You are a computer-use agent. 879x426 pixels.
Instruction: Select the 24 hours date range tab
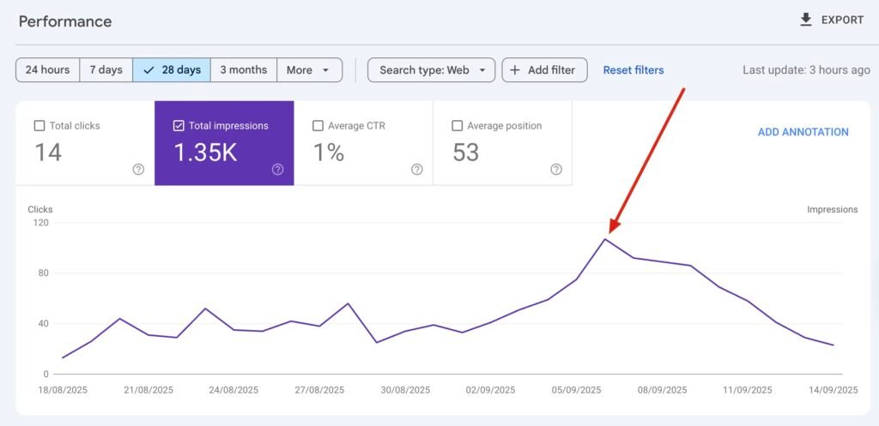[48, 70]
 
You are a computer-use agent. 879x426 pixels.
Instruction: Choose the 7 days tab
[106, 70]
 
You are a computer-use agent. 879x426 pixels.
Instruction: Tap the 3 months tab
[244, 70]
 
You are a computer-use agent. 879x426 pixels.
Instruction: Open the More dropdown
[309, 70]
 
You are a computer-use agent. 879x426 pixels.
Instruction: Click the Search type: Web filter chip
[432, 70]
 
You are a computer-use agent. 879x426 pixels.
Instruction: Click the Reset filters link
[633, 70]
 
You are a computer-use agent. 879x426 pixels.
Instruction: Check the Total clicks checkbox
[39, 126]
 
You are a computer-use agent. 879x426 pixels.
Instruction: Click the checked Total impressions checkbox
[179, 126]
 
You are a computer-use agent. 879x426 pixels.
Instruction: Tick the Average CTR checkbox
[318, 126]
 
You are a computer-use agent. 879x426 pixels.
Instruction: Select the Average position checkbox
[458, 126]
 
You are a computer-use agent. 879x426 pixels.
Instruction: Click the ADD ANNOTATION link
[803, 132]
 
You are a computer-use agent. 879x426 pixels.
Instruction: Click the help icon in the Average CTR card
[417, 169]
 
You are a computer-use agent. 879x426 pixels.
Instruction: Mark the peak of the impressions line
[605, 239]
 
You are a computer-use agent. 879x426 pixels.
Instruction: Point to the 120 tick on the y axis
[40, 223]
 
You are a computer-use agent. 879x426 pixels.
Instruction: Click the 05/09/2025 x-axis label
[576, 390]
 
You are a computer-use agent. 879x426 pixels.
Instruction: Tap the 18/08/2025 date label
[63, 390]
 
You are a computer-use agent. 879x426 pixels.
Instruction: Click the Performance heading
[65, 21]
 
